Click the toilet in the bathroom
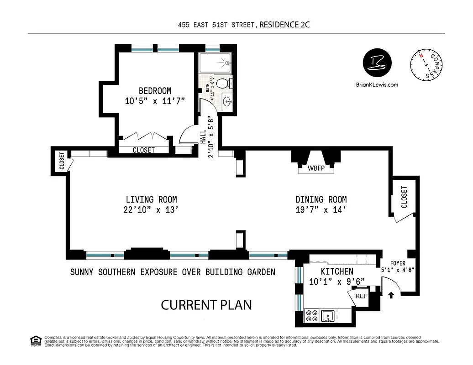tap(223, 83)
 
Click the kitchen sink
tap(328, 316)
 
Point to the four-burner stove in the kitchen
tap(312, 316)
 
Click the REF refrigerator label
tap(361, 296)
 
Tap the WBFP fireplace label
tap(316, 168)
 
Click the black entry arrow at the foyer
tap(391, 295)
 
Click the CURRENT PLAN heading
tap(206, 305)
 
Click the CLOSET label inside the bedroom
tap(144, 150)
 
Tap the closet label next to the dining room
tap(404, 197)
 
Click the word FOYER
tap(398, 263)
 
